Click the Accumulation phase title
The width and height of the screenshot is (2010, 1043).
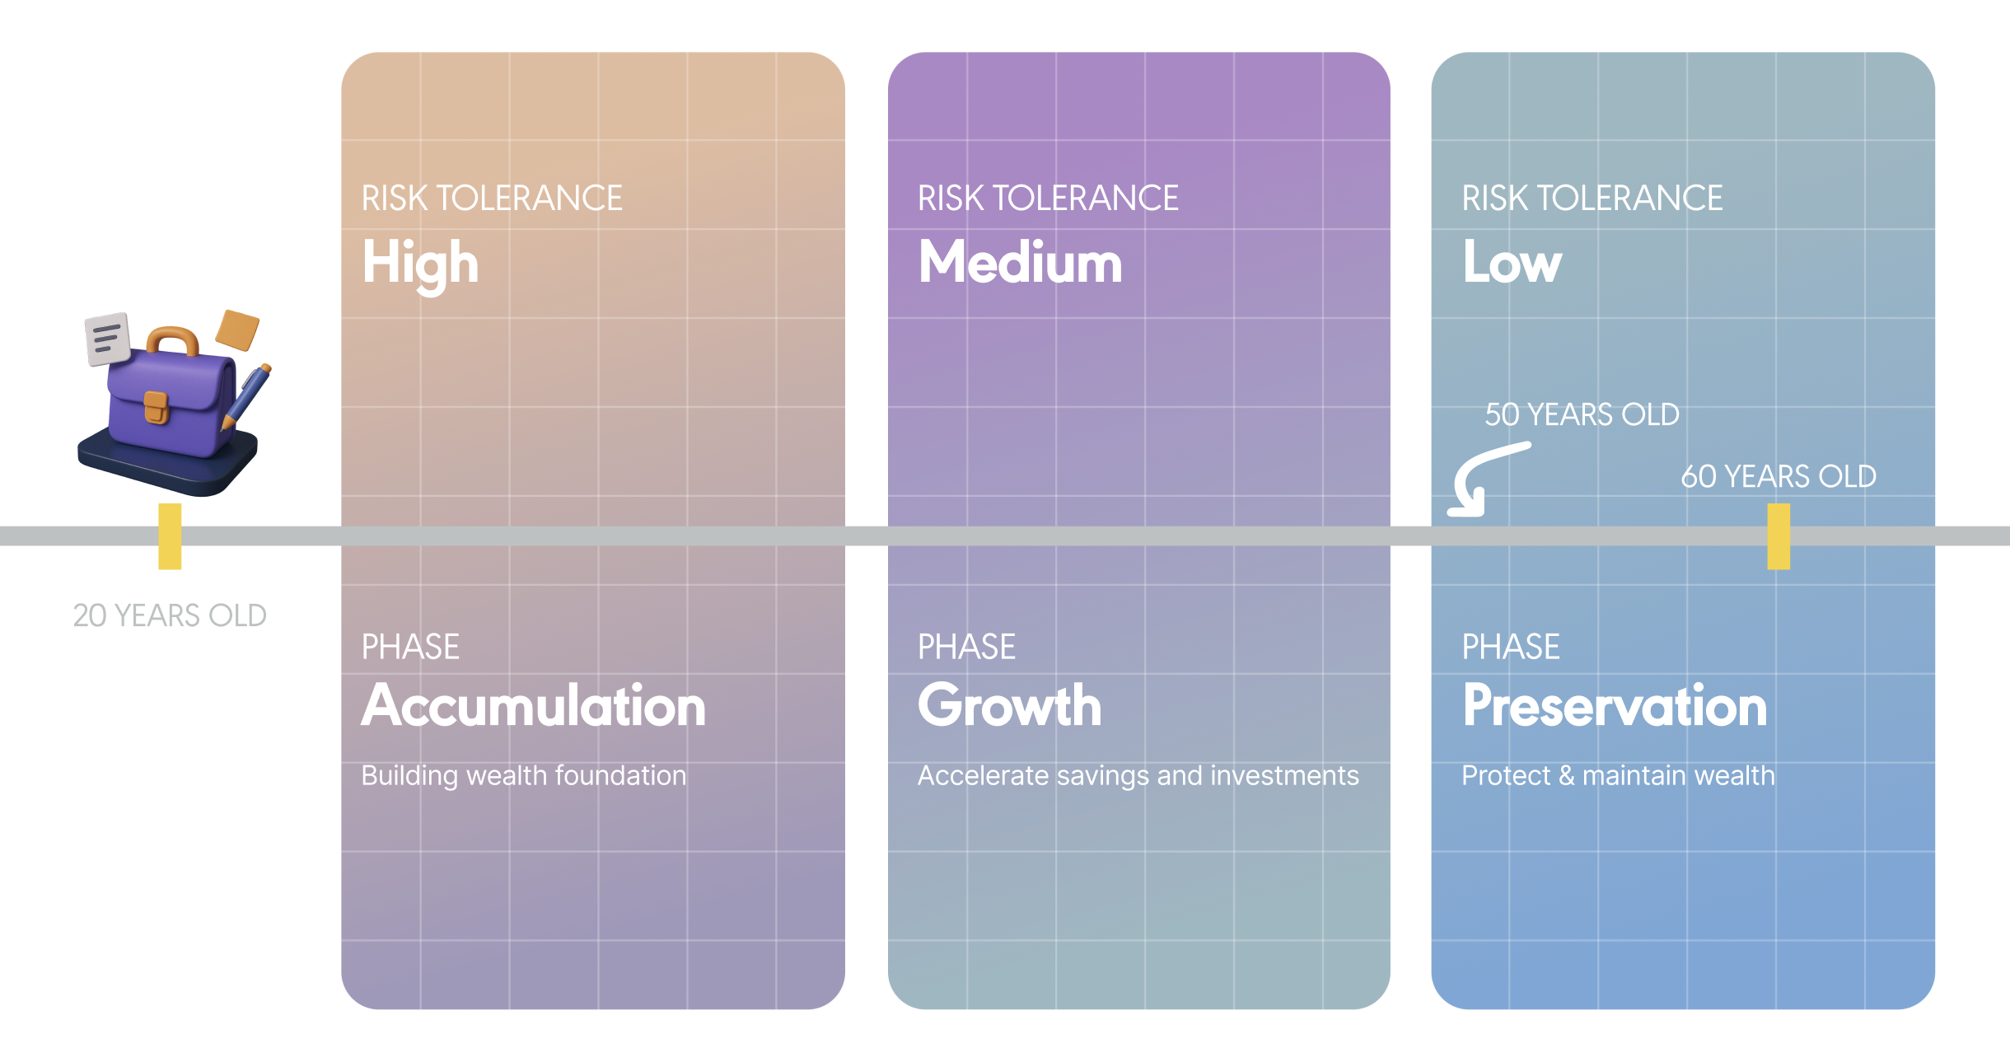click(534, 706)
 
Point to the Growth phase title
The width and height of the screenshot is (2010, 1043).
click(1009, 706)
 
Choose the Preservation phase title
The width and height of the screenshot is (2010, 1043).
click(1615, 706)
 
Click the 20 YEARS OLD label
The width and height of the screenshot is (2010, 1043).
click(170, 615)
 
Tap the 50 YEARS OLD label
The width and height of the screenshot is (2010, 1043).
click(1582, 414)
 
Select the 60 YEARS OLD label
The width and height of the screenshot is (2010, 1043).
click(1779, 476)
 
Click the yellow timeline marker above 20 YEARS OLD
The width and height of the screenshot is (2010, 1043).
click(170, 536)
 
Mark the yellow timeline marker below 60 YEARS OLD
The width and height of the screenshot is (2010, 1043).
click(1779, 536)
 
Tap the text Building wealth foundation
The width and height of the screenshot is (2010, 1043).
click(523, 775)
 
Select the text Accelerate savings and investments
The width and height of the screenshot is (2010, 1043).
click(1138, 775)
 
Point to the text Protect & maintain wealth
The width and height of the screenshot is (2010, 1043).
click(1618, 775)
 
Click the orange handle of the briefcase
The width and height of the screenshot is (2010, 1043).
click(173, 340)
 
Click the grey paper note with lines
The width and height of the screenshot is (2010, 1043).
click(108, 338)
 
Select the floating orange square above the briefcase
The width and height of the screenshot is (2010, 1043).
click(237, 330)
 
